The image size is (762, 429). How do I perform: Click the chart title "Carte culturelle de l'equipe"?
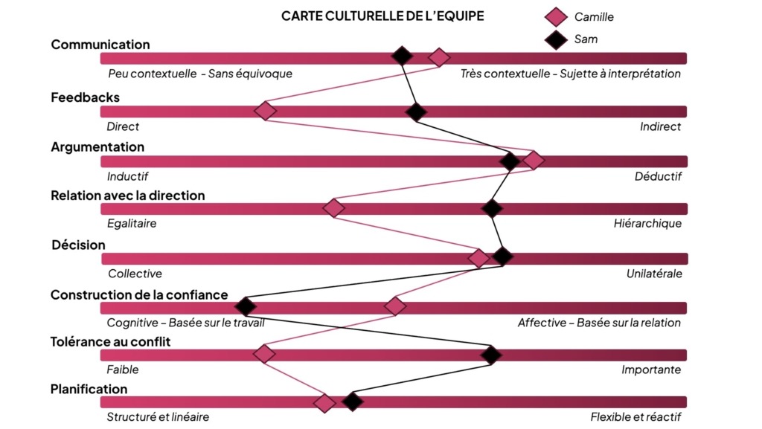click(x=382, y=16)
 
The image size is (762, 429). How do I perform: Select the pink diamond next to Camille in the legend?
click(x=556, y=17)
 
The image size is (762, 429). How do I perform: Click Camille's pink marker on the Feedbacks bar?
click(x=265, y=112)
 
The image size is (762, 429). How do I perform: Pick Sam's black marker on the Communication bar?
click(x=402, y=56)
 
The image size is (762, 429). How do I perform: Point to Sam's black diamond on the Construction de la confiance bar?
click(x=245, y=306)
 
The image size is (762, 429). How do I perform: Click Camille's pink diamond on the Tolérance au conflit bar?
click(x=264, y=354)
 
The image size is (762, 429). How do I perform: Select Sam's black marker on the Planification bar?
click(x=353, y=402)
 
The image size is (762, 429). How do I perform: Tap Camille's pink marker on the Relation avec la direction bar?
click(x=334, y=208)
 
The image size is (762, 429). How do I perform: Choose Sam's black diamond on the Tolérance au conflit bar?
click(x=490, y=355)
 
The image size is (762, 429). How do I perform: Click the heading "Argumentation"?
click(x=97, y=147)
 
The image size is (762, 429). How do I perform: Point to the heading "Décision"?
click(x=78, y=245)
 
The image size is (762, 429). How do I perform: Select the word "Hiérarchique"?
click(x=647, y=223)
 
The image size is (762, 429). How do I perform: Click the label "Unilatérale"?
click(x=654, y=274)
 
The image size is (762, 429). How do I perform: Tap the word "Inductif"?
click(x=127, y=177)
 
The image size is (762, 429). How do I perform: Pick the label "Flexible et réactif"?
click(x=635, y=417)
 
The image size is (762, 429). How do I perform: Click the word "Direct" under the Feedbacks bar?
click(x=123, y=126)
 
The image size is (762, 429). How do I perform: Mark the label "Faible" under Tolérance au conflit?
click(x=123, y=370)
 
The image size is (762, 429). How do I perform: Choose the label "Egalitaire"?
click(x=132, y=223)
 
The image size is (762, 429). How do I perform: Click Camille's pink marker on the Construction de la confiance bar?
click(x=395, y=306)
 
